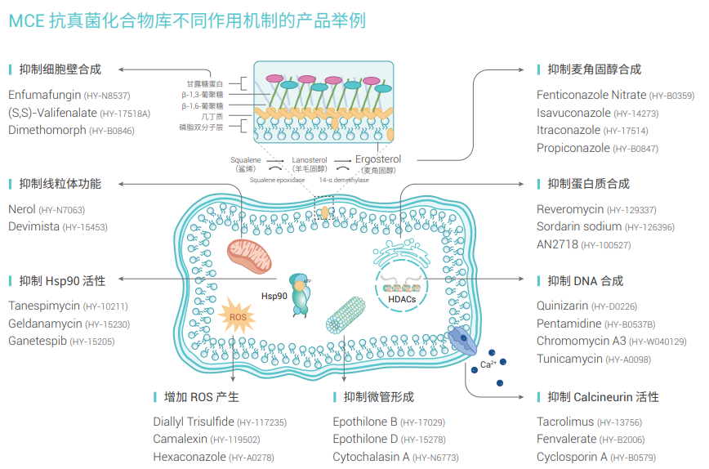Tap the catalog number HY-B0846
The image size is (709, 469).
[111, 131]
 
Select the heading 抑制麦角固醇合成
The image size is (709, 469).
[594, 69]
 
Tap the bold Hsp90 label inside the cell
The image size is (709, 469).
[274, 296]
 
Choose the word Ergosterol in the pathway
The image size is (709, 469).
[378, 159]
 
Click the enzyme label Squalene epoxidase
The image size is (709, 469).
[277, 180]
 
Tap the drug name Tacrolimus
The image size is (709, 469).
[565, 422]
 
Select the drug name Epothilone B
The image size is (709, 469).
[365, 422]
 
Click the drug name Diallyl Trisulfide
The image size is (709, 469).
[194, 422]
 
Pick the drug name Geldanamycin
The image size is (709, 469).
[45, 324]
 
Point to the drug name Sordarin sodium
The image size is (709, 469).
[579, 227]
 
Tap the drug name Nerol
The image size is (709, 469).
[22, 209]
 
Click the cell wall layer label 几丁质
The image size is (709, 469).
[214, 117]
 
